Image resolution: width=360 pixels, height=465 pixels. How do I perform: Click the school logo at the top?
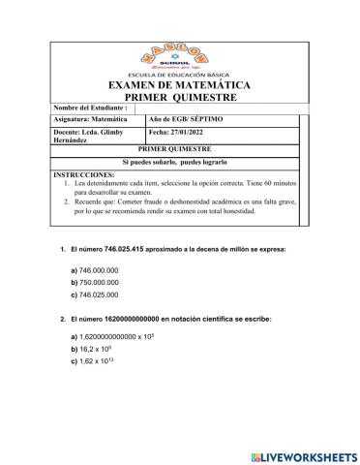[180, 37]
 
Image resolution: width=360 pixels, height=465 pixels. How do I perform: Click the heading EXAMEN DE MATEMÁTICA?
[180, 85]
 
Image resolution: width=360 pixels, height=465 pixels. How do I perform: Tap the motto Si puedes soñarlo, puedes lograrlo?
[180, 163]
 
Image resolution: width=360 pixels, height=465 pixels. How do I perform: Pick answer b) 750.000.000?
[98, 282]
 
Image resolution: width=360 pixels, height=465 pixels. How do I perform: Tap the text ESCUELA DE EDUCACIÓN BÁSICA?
[180, 74]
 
